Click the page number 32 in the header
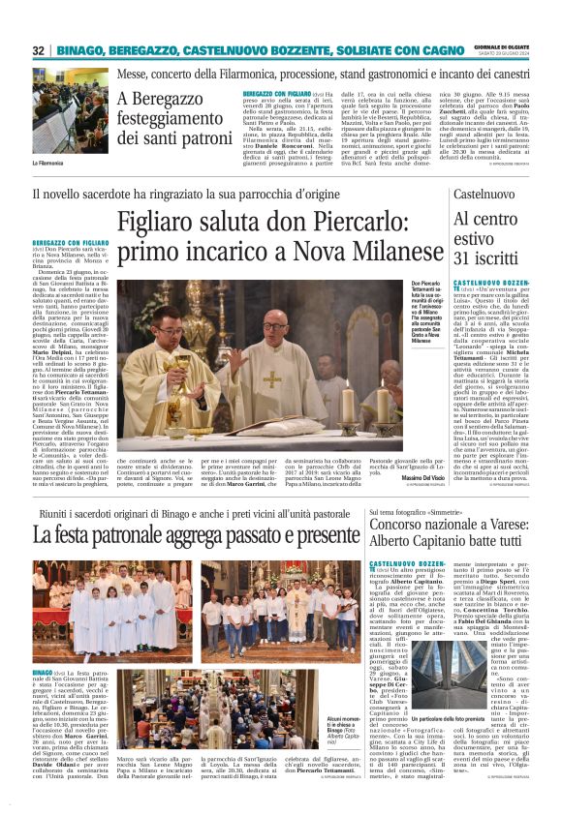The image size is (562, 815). coord(39,50)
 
